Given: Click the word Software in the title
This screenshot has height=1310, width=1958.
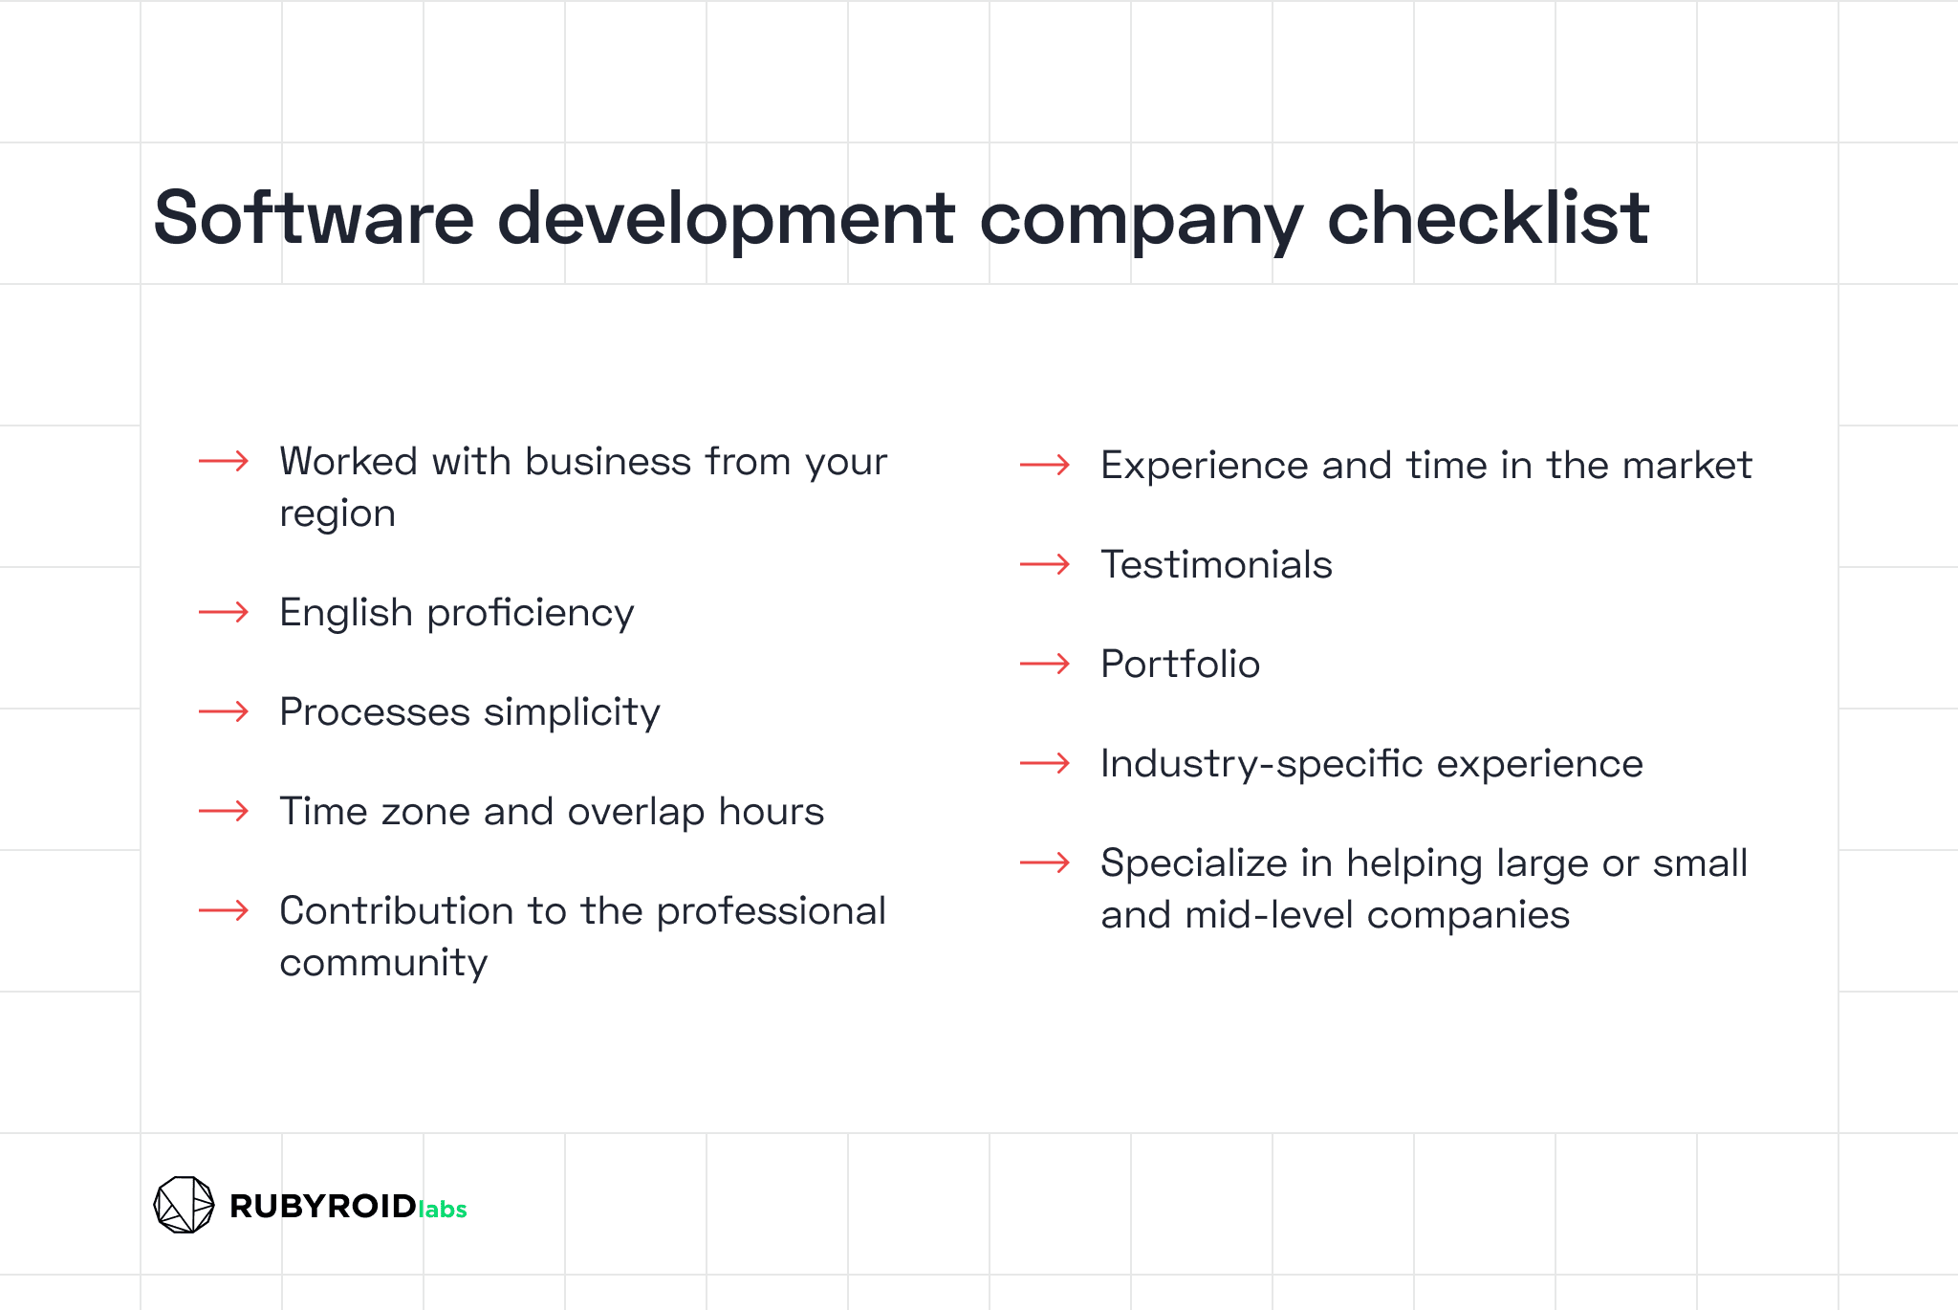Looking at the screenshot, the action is click(x=314, y=218).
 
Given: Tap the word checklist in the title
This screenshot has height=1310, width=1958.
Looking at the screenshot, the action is click(x=1488, y=218).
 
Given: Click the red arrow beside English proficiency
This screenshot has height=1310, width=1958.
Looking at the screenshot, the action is click(x=224, y=612).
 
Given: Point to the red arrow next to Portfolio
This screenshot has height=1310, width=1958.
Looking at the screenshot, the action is click(x=1045, y=664).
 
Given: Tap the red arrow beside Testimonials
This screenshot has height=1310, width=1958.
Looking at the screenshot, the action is click(x=1045, y=564).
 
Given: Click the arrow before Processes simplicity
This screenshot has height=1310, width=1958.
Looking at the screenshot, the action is click(x=224, y=711).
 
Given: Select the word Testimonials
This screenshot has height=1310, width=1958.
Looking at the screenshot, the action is click(x=1216, y=564).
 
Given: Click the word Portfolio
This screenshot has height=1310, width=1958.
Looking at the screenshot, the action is click(x=1181, y=664).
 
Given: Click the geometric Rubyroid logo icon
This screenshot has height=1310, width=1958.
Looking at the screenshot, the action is click(x=184, y=1205).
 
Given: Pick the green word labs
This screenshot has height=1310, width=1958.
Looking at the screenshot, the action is click(x=443, y=1209).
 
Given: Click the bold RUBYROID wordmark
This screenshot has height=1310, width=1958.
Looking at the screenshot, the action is click(x=323, y=1206).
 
